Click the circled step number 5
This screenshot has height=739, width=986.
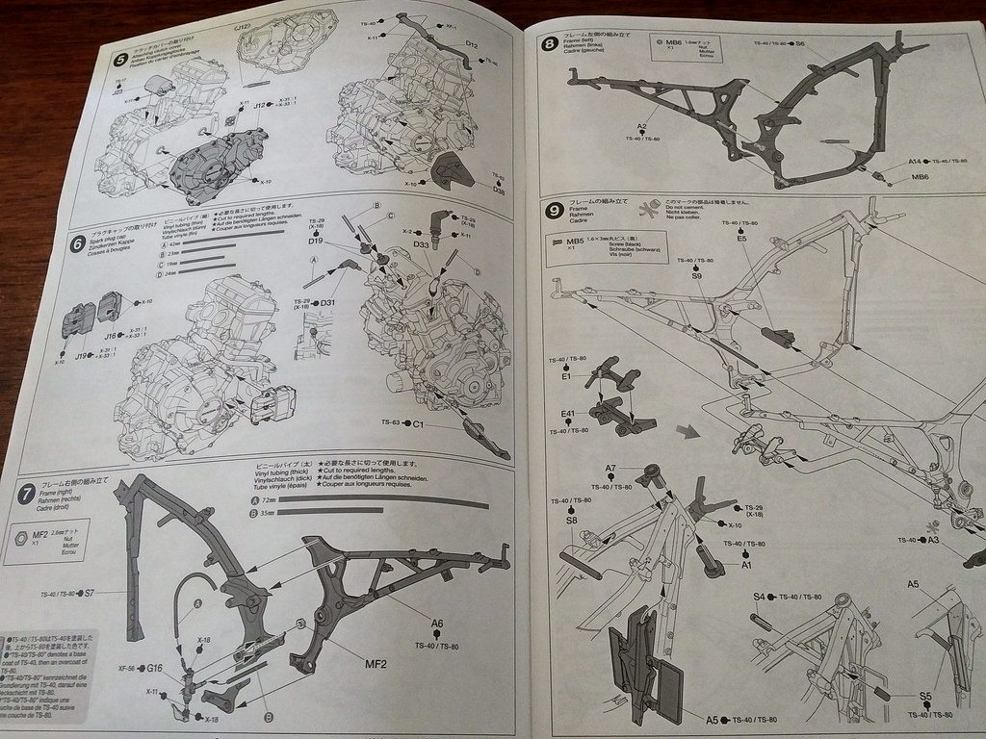pos(120,60)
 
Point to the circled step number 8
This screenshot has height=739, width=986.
pos(549,43)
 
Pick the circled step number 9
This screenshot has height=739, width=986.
pos(554,211)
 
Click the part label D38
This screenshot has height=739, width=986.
pos(499,190)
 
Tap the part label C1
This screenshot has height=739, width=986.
pos(419,422)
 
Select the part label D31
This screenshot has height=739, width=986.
pos(327,303)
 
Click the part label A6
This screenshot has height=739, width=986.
pos(437,624)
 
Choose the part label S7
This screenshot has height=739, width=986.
pos(88,594)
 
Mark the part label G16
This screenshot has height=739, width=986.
pos(154,667)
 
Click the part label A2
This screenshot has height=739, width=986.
pos(642,127)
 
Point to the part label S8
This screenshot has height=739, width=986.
pos(572,521)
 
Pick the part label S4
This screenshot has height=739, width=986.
pos(759,598)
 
